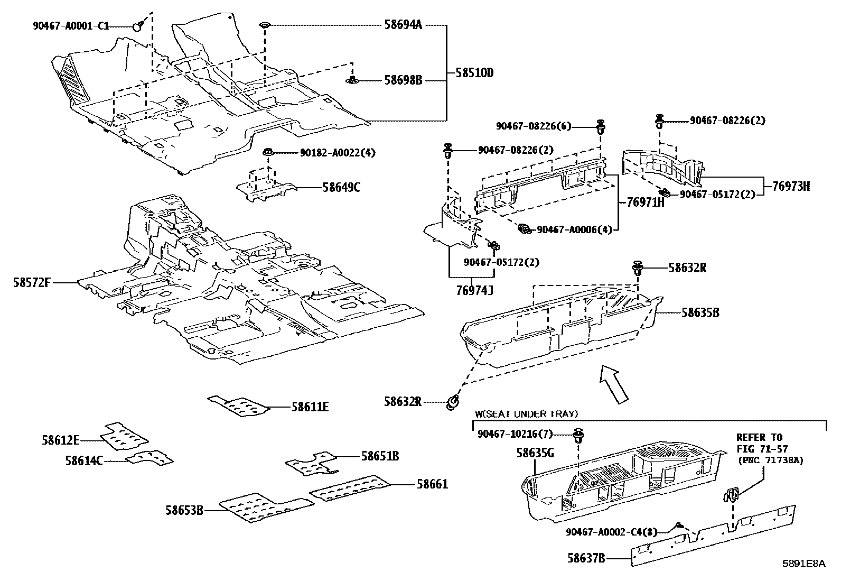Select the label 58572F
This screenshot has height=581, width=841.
pyautogui.click(x=32, y=283)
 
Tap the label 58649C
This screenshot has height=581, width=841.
pyautogui.click(x=341, y=187)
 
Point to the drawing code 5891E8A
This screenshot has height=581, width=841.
pyautogui.click(x=804, y=564)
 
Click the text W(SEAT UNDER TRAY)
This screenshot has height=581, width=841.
pyautogui.click(x=526, y=414)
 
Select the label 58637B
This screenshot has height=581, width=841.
pyautogui.click(x=586, y=557)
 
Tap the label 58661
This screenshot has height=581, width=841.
pyautogui.click(x=432, y=484)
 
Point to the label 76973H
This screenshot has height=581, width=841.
pyautogui.click(x=791, y=186)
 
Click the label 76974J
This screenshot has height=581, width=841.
pyautogui.click(x=474, y=290)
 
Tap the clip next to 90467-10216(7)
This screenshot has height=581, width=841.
pyautogui.click(x=579, y=437)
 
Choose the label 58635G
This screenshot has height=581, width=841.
pyautogui.click(x=535, y=453)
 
